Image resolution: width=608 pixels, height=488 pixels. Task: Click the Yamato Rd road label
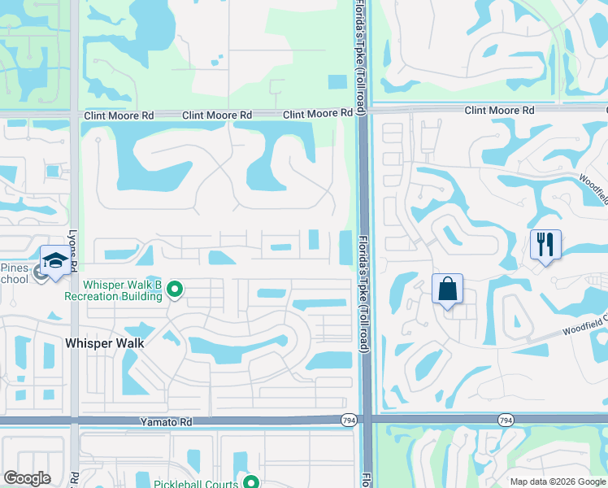(x=166, y=423)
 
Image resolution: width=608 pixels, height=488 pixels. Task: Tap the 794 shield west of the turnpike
(x=346, y=420)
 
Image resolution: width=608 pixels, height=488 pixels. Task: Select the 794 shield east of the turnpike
(x=506, y=420)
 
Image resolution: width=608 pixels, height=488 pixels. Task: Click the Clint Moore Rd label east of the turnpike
(x=499, y=110)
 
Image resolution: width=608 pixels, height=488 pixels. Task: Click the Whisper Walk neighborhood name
(x=104, y=343)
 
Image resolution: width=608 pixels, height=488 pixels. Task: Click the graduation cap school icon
(x=54, y=260)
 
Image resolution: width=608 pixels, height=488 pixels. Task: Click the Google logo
(x=28, y=478)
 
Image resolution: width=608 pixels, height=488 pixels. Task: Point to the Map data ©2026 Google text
(x=558, y=481)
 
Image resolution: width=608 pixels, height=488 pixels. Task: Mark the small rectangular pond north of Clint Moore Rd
(x=337, y=82)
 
